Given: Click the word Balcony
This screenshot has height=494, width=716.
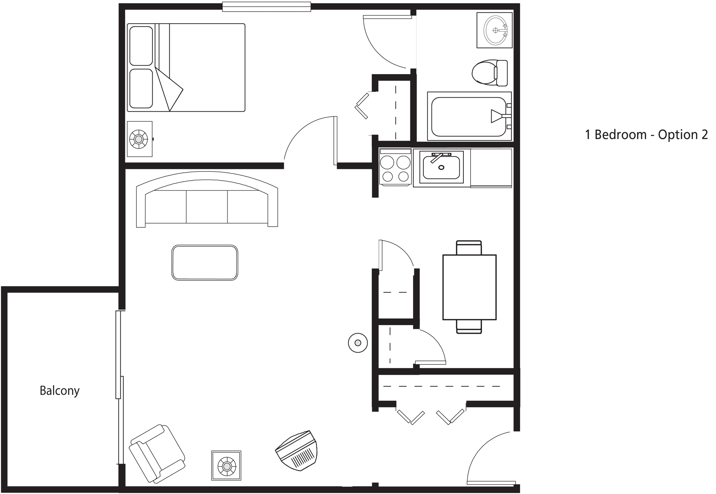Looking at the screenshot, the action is [60, 391].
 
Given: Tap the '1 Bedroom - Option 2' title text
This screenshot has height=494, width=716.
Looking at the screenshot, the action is [646, 135].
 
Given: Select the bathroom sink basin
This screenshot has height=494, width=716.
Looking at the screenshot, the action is [495, 30].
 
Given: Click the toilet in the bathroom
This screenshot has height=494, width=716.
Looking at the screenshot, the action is [490, 73].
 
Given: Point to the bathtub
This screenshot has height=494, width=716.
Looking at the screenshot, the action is [469, 116].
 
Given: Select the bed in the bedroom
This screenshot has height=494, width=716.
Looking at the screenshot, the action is [186, 68].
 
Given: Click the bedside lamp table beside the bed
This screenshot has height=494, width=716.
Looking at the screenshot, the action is [139, 139].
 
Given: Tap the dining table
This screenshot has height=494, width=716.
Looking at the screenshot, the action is [470, 287].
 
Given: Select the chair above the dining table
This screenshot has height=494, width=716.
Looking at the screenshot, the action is [469, 247].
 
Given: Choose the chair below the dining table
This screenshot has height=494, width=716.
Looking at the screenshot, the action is [469, 327].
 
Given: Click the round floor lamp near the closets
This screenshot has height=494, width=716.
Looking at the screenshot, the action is [358, 343].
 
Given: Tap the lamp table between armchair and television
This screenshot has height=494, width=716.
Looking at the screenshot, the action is [226, 466].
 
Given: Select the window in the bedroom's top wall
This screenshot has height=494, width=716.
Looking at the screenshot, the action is [267, 7].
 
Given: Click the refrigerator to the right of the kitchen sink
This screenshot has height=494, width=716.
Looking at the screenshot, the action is [491, 168].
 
